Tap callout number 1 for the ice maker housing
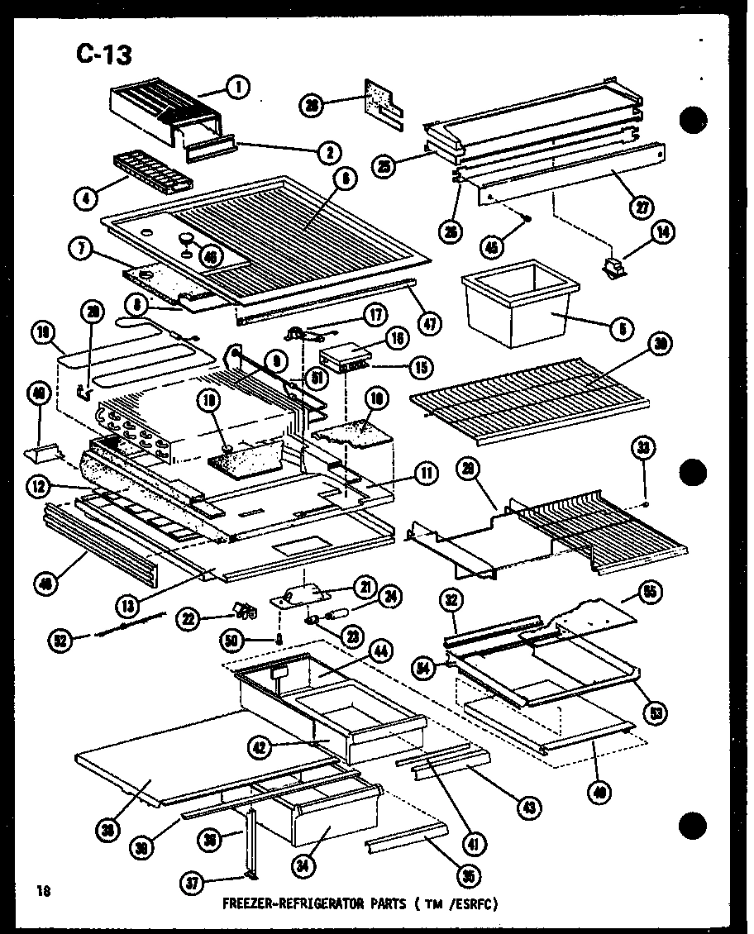point(238,86)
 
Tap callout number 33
point(643,449)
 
